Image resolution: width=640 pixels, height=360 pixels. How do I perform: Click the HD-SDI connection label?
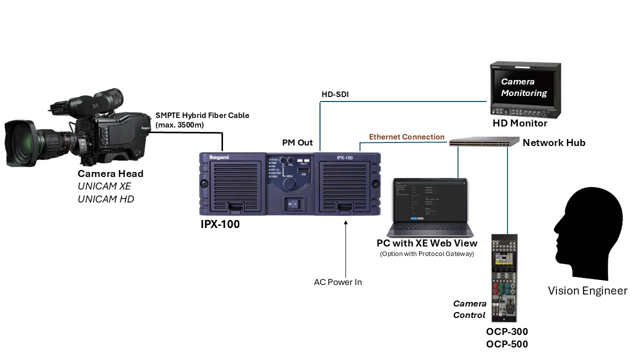coord(334,94)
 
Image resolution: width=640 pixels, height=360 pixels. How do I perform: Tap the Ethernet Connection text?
coord(406,137)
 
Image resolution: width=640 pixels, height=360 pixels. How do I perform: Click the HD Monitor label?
coord(520,123)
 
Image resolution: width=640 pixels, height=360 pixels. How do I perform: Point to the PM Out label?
coord(297,143)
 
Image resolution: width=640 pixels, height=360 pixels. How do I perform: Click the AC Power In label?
coord(337,282)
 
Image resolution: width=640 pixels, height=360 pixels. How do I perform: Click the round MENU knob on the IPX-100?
coord(289,184)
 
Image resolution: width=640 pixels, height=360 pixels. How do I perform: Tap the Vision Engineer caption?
coord(587,290)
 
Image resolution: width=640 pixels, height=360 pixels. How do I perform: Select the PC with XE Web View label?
coord(427,243)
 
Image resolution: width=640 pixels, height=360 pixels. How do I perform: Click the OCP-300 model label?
coord(506,331)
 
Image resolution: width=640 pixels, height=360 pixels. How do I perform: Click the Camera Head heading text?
coord(110,174)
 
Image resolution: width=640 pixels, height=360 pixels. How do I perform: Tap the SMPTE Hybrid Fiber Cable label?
coord(202,115)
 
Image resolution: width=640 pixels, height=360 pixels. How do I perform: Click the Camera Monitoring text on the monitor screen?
coord(523,87)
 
